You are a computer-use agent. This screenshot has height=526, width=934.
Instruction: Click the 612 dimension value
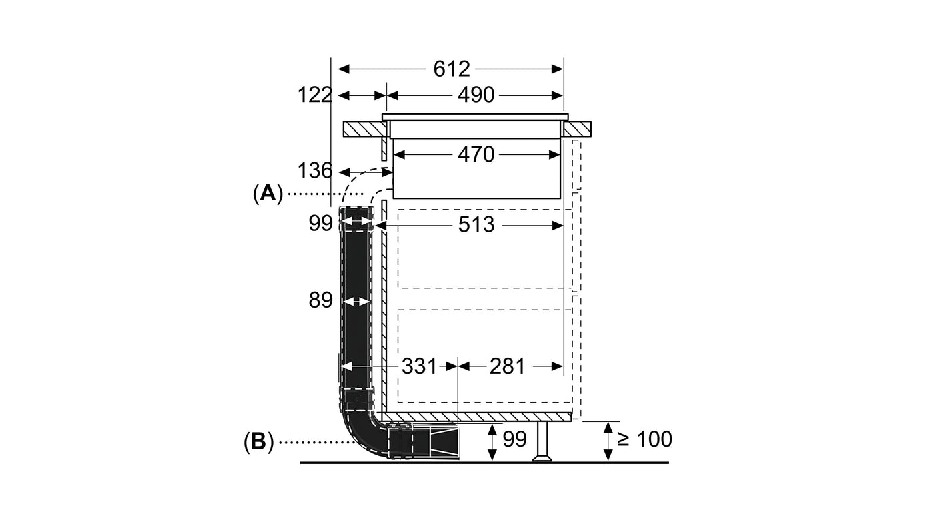click(x=452, y=69)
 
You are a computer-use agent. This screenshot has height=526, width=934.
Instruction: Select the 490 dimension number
click(x=476, y=95)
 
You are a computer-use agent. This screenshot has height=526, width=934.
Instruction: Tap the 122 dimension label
click(x=314, y=95)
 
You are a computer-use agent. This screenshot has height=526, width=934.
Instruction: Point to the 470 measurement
click(x=476, y=155)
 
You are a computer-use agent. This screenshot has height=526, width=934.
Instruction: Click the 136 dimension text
click(x=314, y=171)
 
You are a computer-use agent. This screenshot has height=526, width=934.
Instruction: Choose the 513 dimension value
click(x=476, y=225)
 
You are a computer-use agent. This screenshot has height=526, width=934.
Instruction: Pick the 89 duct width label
click(x=320, y=301)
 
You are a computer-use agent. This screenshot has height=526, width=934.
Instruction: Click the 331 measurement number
click(x=419, y=366)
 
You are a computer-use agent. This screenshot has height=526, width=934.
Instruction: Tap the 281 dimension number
click(x=507, y=366)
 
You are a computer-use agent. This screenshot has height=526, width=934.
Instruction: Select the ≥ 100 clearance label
click(x=644, y=439)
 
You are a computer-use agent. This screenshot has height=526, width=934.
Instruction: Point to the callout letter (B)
click(x=259, y=441)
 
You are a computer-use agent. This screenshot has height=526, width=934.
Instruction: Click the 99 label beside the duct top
click(x=320, y=224)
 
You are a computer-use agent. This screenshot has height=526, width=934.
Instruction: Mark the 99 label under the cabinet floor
click(x=514, y=439)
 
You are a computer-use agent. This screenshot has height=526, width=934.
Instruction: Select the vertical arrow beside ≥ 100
click(x=608, y=441)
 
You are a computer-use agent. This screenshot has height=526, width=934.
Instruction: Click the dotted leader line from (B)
click(x=314, y=441)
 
